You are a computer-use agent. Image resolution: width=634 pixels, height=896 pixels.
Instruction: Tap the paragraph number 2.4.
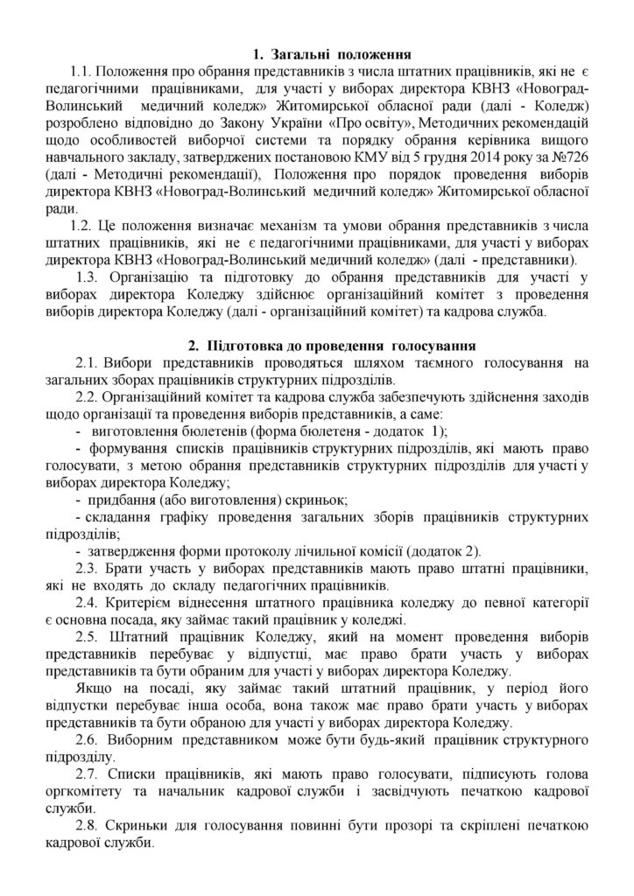coord(90,604)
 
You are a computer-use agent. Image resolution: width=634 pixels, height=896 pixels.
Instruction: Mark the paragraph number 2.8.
coord(90,826)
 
